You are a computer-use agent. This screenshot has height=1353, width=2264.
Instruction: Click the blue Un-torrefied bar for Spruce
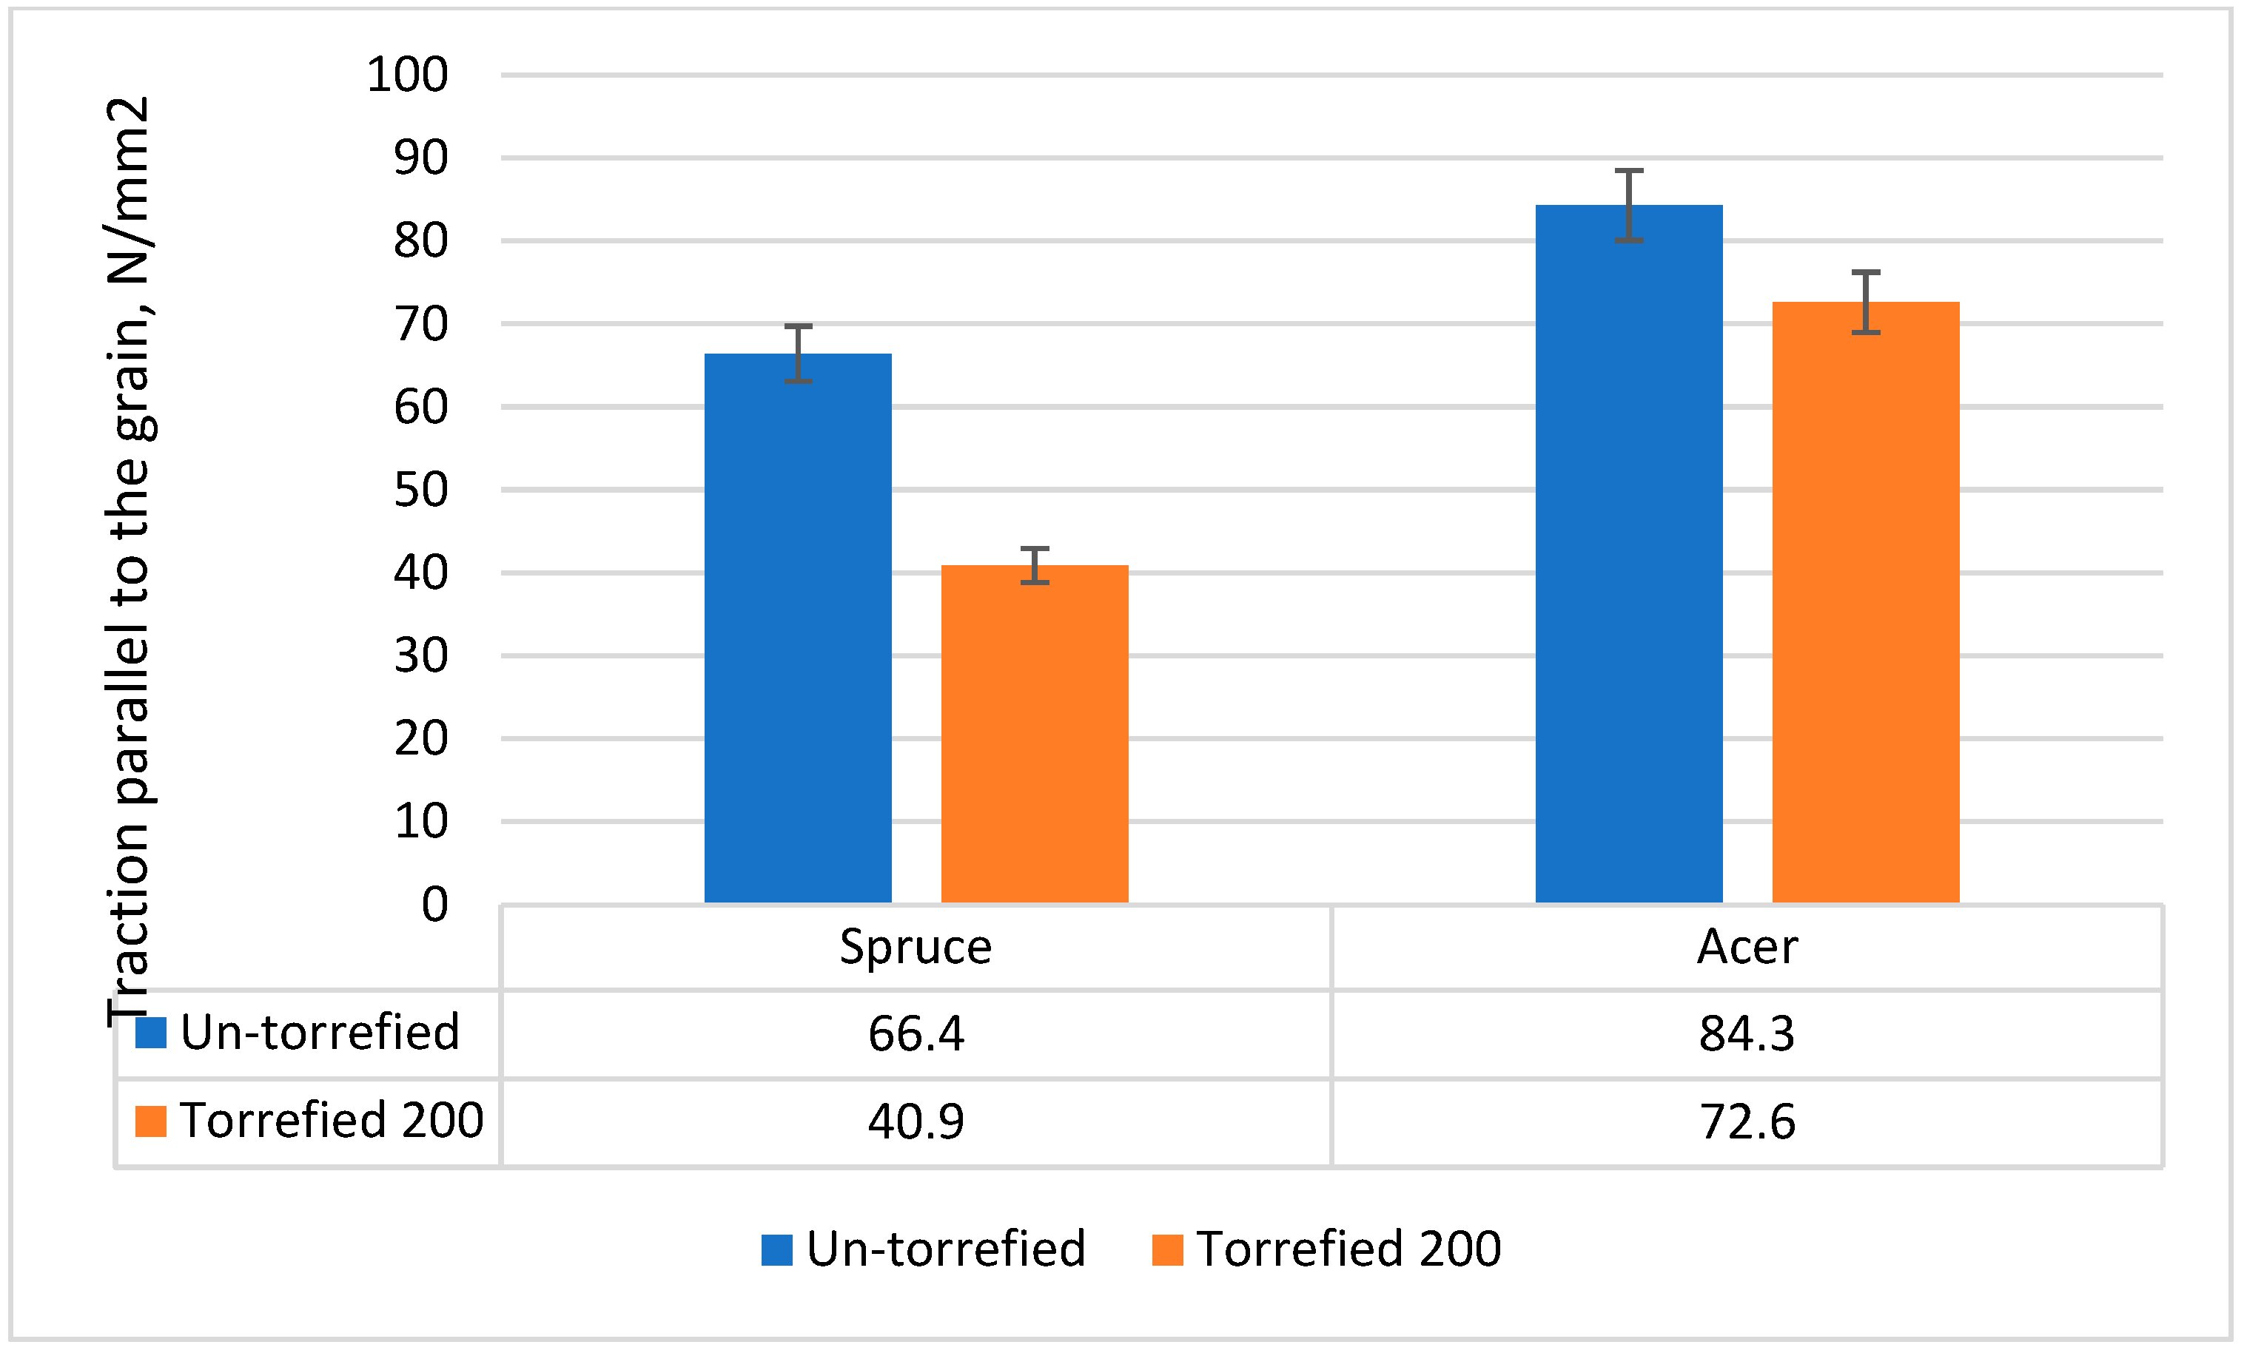798,629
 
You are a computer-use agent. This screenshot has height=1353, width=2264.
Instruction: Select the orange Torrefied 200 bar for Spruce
1035,735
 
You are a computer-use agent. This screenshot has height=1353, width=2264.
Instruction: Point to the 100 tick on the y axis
407,75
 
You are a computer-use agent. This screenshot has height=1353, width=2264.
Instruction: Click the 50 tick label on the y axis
420,490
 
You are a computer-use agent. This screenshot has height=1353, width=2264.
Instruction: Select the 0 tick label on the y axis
434,905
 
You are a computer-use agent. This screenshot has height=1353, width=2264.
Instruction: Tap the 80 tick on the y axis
420,242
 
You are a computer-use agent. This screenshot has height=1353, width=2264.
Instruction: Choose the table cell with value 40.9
916,1121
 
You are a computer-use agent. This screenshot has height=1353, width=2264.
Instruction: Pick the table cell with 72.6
1747,1121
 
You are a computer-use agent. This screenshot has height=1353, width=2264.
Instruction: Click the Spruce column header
916,946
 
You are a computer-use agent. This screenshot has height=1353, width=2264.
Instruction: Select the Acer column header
1747,946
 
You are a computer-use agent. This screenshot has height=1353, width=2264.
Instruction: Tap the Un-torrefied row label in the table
318,1032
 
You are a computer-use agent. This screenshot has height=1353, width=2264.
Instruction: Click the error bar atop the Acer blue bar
1629,205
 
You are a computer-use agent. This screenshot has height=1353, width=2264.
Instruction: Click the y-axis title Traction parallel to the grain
130,561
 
